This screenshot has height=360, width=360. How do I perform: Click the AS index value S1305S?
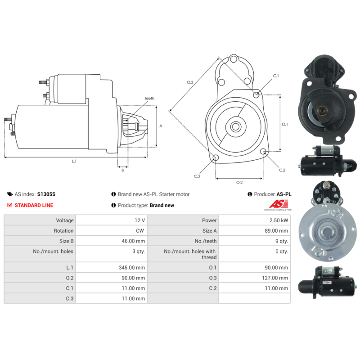click(x=46, y=194)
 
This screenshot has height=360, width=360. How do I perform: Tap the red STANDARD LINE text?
click(x=34, y=205)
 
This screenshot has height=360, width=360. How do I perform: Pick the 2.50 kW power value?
click(x=279, y=220)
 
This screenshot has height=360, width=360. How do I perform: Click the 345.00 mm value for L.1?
click(x=132, y=267)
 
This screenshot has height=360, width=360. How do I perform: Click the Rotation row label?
click(x=63, y=231)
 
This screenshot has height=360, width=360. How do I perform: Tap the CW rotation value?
click(x=140, y=231)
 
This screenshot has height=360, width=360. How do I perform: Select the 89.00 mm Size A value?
click(x=276, y=231)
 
